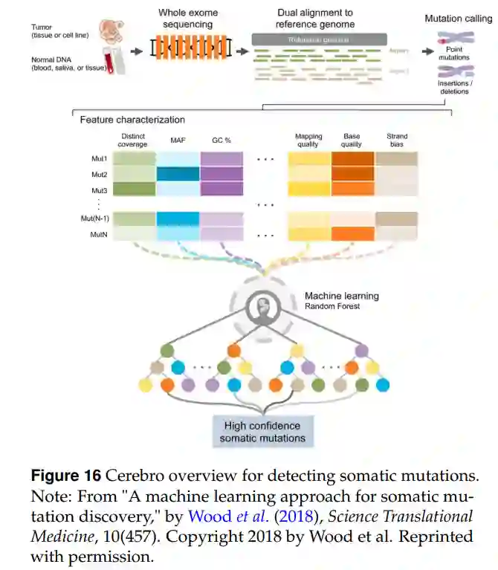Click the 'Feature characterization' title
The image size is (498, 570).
pyautogui.click(x=132, y=120)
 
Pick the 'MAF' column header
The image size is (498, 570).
pyautogui.click(x=178, y=139)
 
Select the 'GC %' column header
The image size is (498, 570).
pyautogui.click(x=221, y=139)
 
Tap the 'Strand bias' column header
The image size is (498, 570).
pyautogui.click(x=397, y=140)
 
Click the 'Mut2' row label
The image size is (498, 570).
pyautogui.click(x=99, y=175)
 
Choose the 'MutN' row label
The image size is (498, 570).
pyautogui.click(x=99, y=234)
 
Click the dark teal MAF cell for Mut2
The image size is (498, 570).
pyautogui.click(x=178, y=174)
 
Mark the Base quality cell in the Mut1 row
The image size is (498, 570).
pyautogui.click(x=352, y=158)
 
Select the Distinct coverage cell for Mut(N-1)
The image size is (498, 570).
pyautogui.click(x=134, y=218)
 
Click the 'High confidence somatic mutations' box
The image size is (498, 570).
pyautogui.click(x=262, y=432)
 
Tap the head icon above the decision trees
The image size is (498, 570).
pyautogui.click(x=262, y=305)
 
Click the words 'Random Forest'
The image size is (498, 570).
pyautogui.click(x=332, y=306)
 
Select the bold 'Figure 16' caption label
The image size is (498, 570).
pyautogui.click(x=65, y=476)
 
